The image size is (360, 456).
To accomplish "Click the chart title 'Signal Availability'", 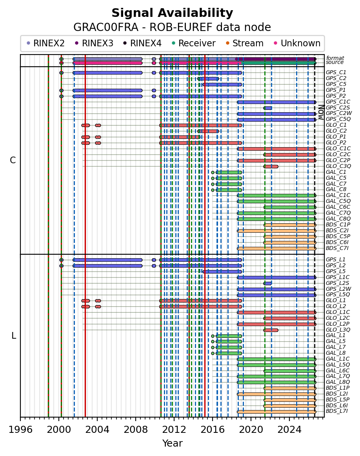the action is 172,13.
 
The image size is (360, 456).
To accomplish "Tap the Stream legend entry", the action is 245,43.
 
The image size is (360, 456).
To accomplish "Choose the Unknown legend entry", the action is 297,43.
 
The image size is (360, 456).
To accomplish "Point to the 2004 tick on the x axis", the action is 97,419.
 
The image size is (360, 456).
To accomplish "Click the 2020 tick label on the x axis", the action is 251,430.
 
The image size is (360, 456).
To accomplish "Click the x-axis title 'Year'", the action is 172,443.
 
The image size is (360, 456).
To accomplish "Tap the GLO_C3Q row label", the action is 338,166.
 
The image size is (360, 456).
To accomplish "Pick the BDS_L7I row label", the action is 337,411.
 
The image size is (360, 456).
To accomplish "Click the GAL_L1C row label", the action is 338,359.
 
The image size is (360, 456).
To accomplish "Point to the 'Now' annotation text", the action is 321,112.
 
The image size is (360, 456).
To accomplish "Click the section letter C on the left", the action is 13,160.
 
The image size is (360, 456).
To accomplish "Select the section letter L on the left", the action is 14,336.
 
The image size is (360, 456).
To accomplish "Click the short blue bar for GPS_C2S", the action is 267,108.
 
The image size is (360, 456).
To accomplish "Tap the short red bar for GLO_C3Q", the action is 271,167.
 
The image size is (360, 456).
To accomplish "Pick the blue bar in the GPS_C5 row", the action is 222,85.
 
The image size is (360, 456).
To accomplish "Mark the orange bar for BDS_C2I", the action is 276,231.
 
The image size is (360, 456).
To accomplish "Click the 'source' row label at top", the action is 335,62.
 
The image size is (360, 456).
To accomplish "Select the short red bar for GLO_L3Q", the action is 271,330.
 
